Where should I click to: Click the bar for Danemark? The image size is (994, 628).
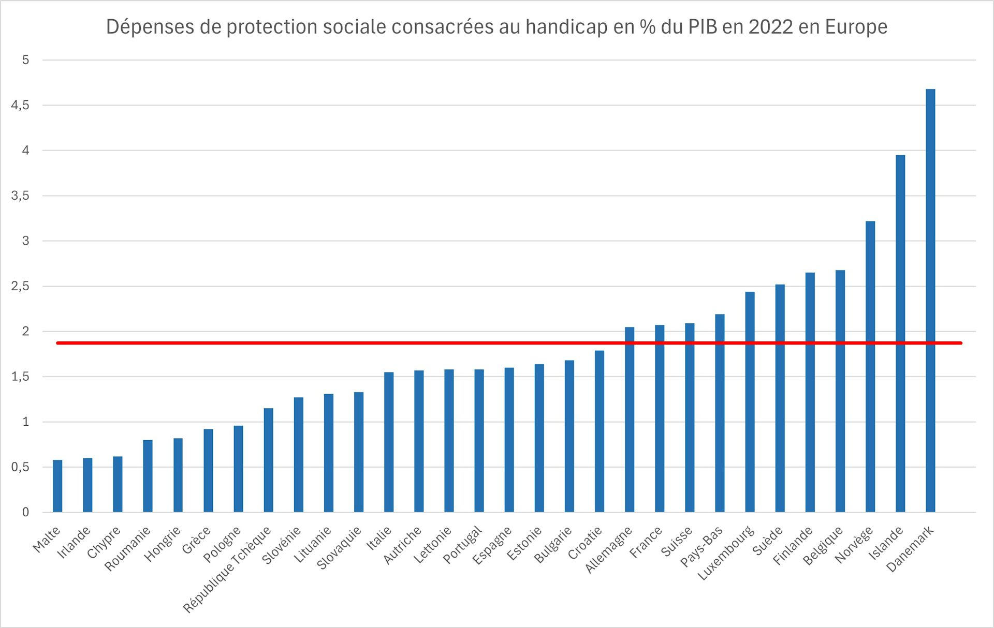click(x=930, y=300)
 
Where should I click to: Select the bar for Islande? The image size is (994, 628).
click(x=900, y=334)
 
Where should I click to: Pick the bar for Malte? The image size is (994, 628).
click(x=57, y=486)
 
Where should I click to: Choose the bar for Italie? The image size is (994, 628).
click(x=389, y=442)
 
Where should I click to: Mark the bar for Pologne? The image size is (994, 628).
click(x=238, y=469)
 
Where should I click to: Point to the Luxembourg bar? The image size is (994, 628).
click(x=750, y=401)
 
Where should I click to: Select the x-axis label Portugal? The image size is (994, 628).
click(x=462, y=545)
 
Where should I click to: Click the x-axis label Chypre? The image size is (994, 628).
click(x=104, y=542)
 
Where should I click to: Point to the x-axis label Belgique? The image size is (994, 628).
click(x=823, y=545)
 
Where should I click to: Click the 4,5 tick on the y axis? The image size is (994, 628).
click(x=20, y=106)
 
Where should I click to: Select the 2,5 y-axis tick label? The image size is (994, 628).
click(x=20, y=287)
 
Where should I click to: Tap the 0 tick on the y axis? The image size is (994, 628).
click(x=25, y=513)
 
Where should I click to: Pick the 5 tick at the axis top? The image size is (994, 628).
click(x=25, y=60)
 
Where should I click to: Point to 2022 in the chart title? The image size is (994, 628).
click(x=770, y=27)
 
